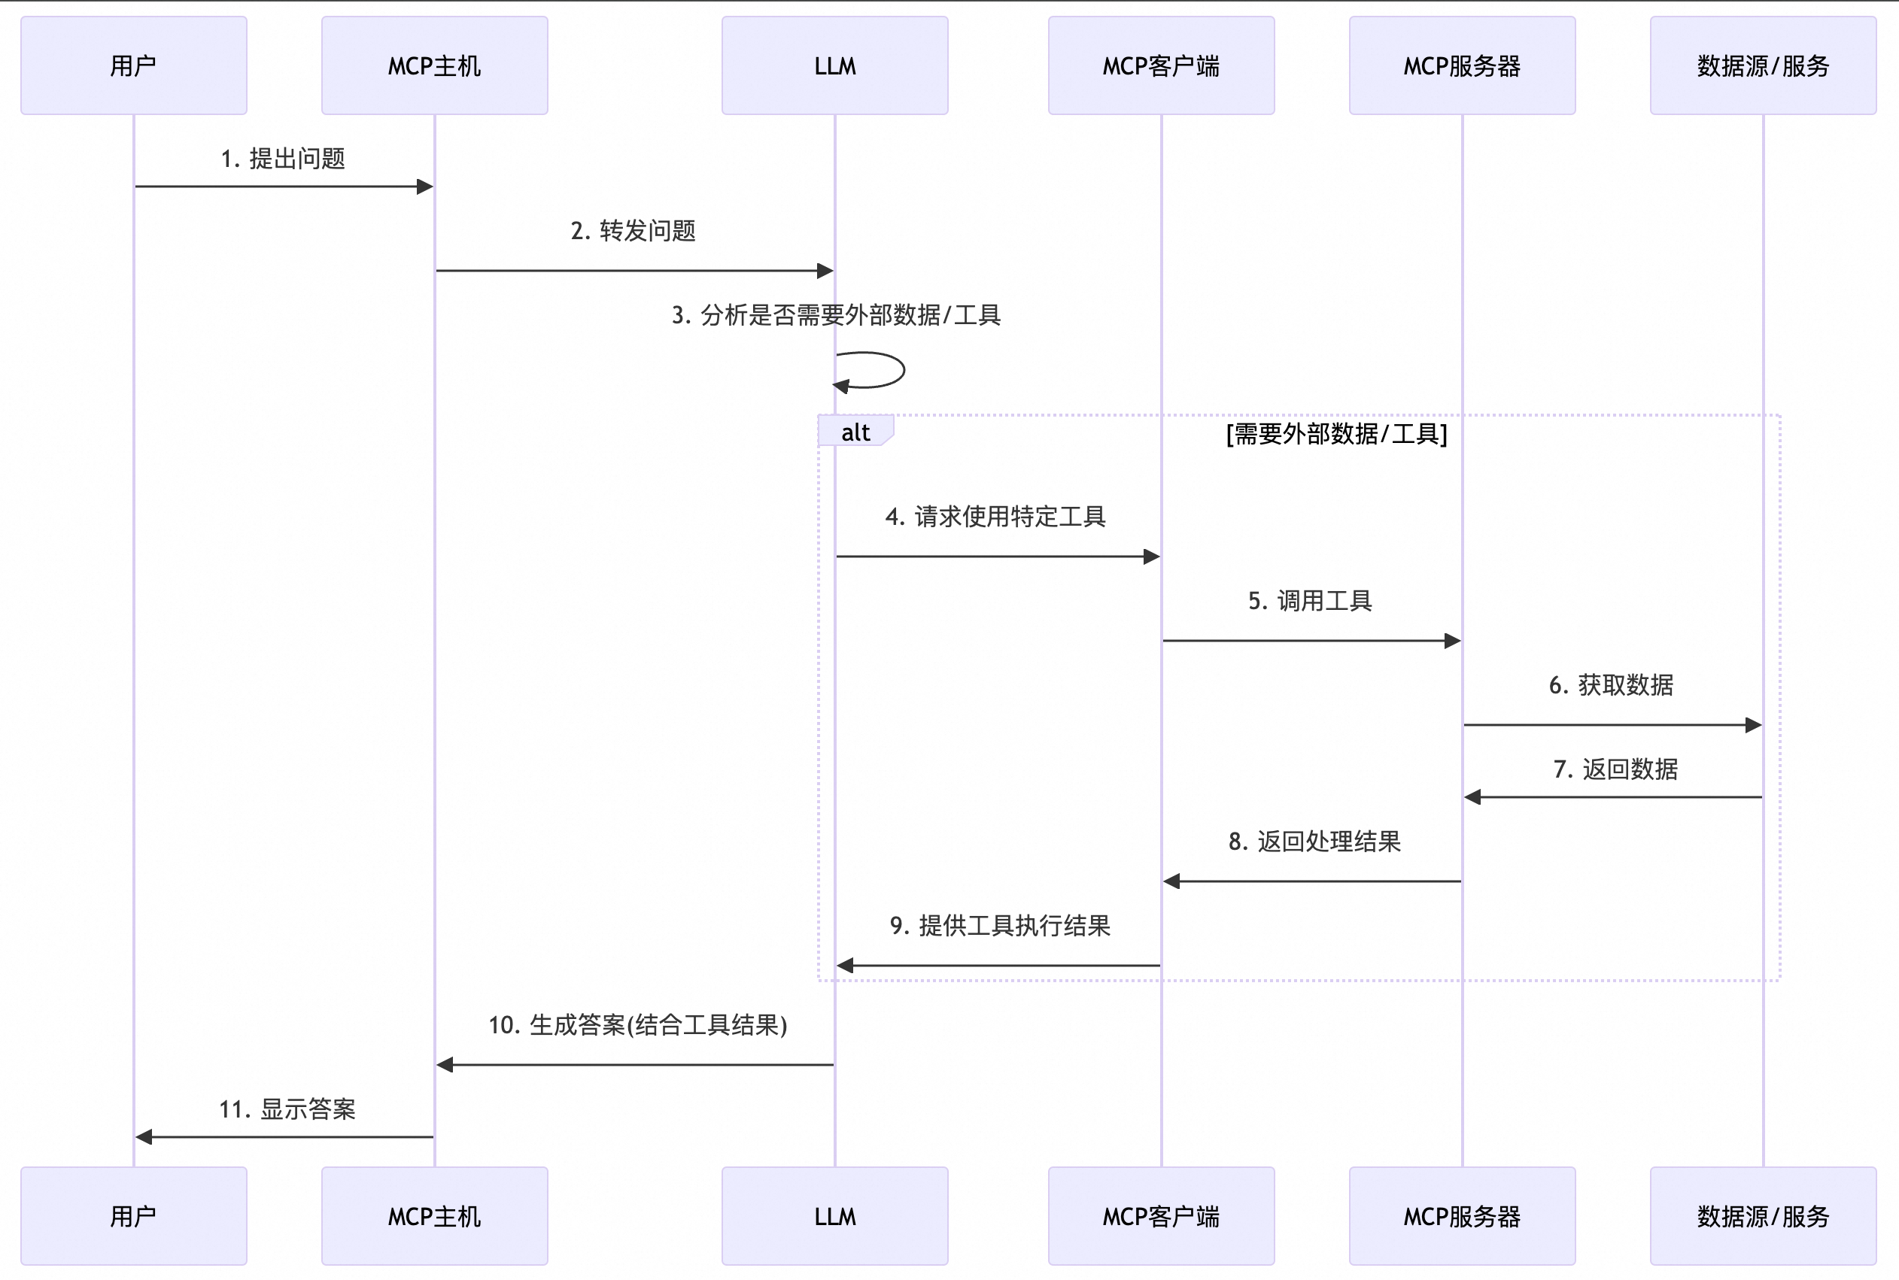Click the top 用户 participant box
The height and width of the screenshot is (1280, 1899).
(133, 65)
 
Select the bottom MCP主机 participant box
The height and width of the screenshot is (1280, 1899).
(434, 1215)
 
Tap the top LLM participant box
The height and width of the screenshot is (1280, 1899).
(834, 65)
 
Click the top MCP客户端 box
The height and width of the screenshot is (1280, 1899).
(1161, 65)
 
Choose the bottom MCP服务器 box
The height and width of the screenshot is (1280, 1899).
(1461, 1215)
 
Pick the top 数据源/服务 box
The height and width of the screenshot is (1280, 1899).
(1763, 65)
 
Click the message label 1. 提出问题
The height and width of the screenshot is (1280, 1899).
(284, 159)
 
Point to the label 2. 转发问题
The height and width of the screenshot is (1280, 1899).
(633, 231)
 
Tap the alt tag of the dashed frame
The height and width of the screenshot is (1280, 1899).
(855, 432)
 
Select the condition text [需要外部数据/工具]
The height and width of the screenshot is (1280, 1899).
(1336, 433)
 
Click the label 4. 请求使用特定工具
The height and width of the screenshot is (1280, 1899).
(995, 517)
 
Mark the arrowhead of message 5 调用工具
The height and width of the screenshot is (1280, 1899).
(1452, 641)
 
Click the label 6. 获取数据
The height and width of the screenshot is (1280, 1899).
(1611, 685)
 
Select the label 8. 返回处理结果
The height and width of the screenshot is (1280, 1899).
(1314, 842)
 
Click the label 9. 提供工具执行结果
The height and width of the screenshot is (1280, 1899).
(1000, 926)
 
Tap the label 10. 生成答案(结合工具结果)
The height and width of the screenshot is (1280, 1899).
(637, 1025)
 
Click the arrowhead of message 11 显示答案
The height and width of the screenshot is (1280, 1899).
(144, 1136)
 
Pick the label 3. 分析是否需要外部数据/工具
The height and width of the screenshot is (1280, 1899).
(836, 315)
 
